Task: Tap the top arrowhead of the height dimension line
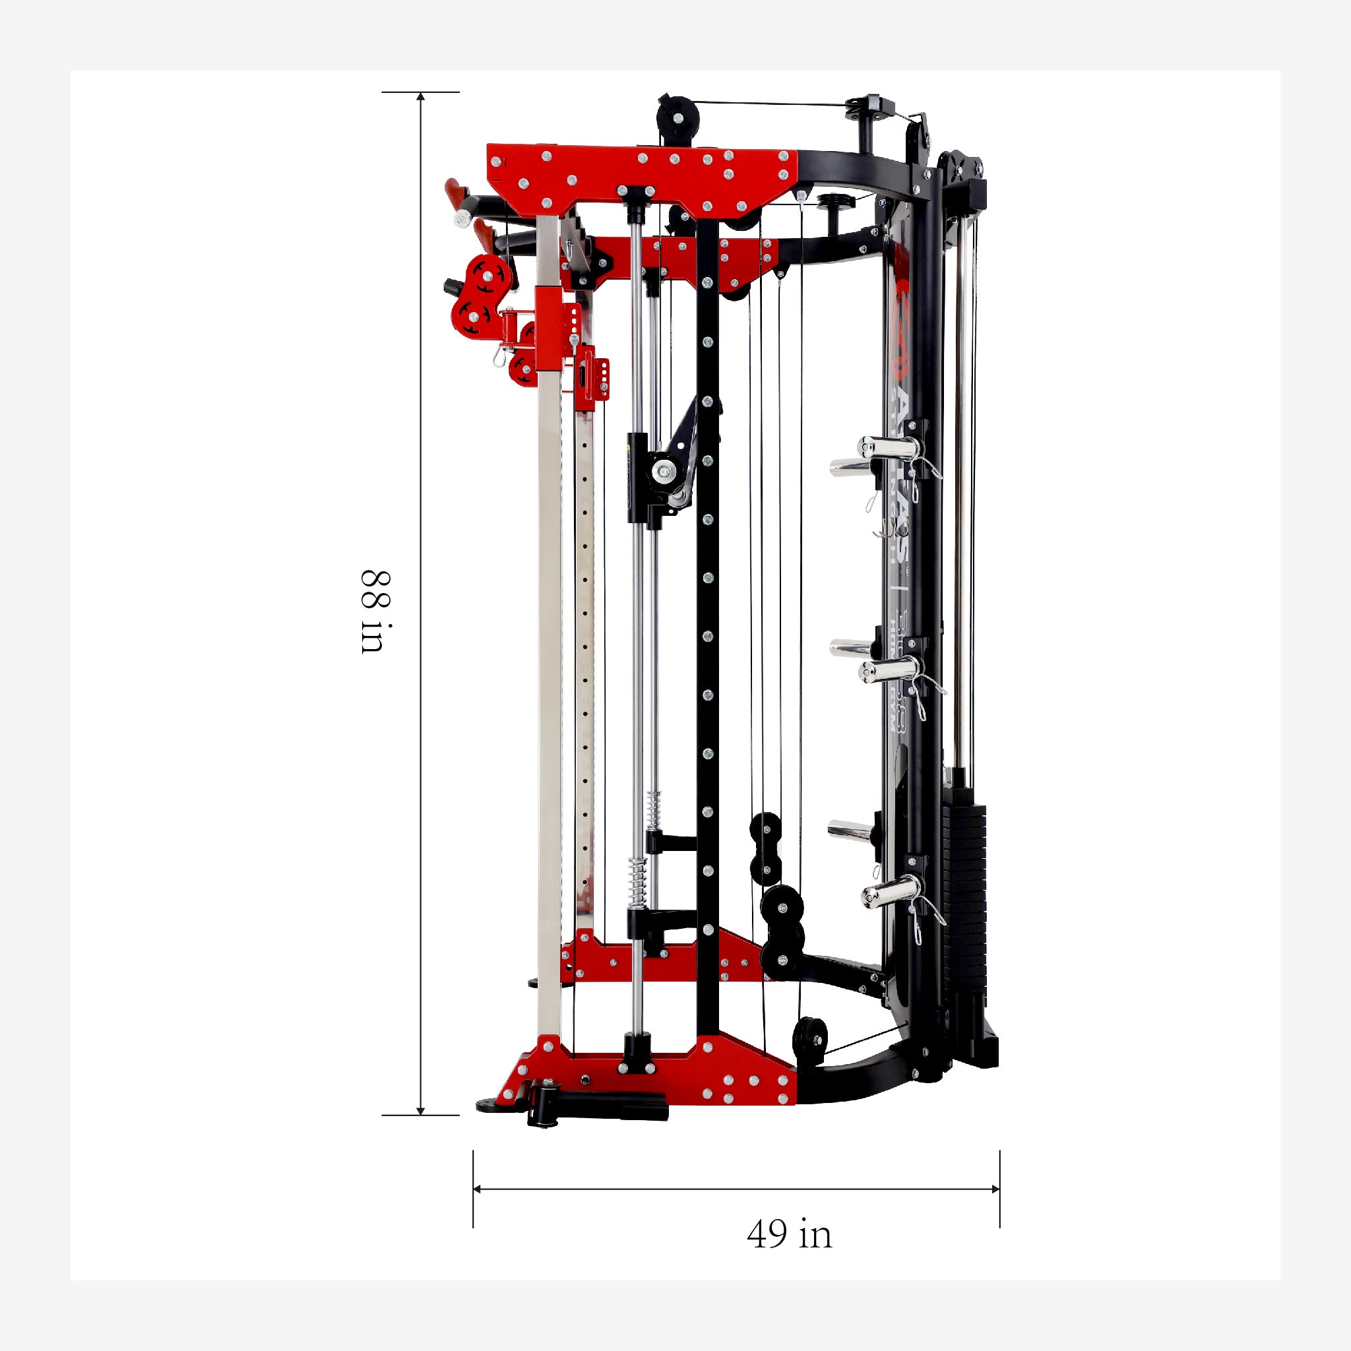pyautogui.click(x=421, y=97)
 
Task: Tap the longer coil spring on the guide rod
pyautogui.click(x=639, y=880)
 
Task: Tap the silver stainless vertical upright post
pyautogui.click(x=550, y=629)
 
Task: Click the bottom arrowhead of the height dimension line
pyautogui.click(x=421, y=1110)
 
